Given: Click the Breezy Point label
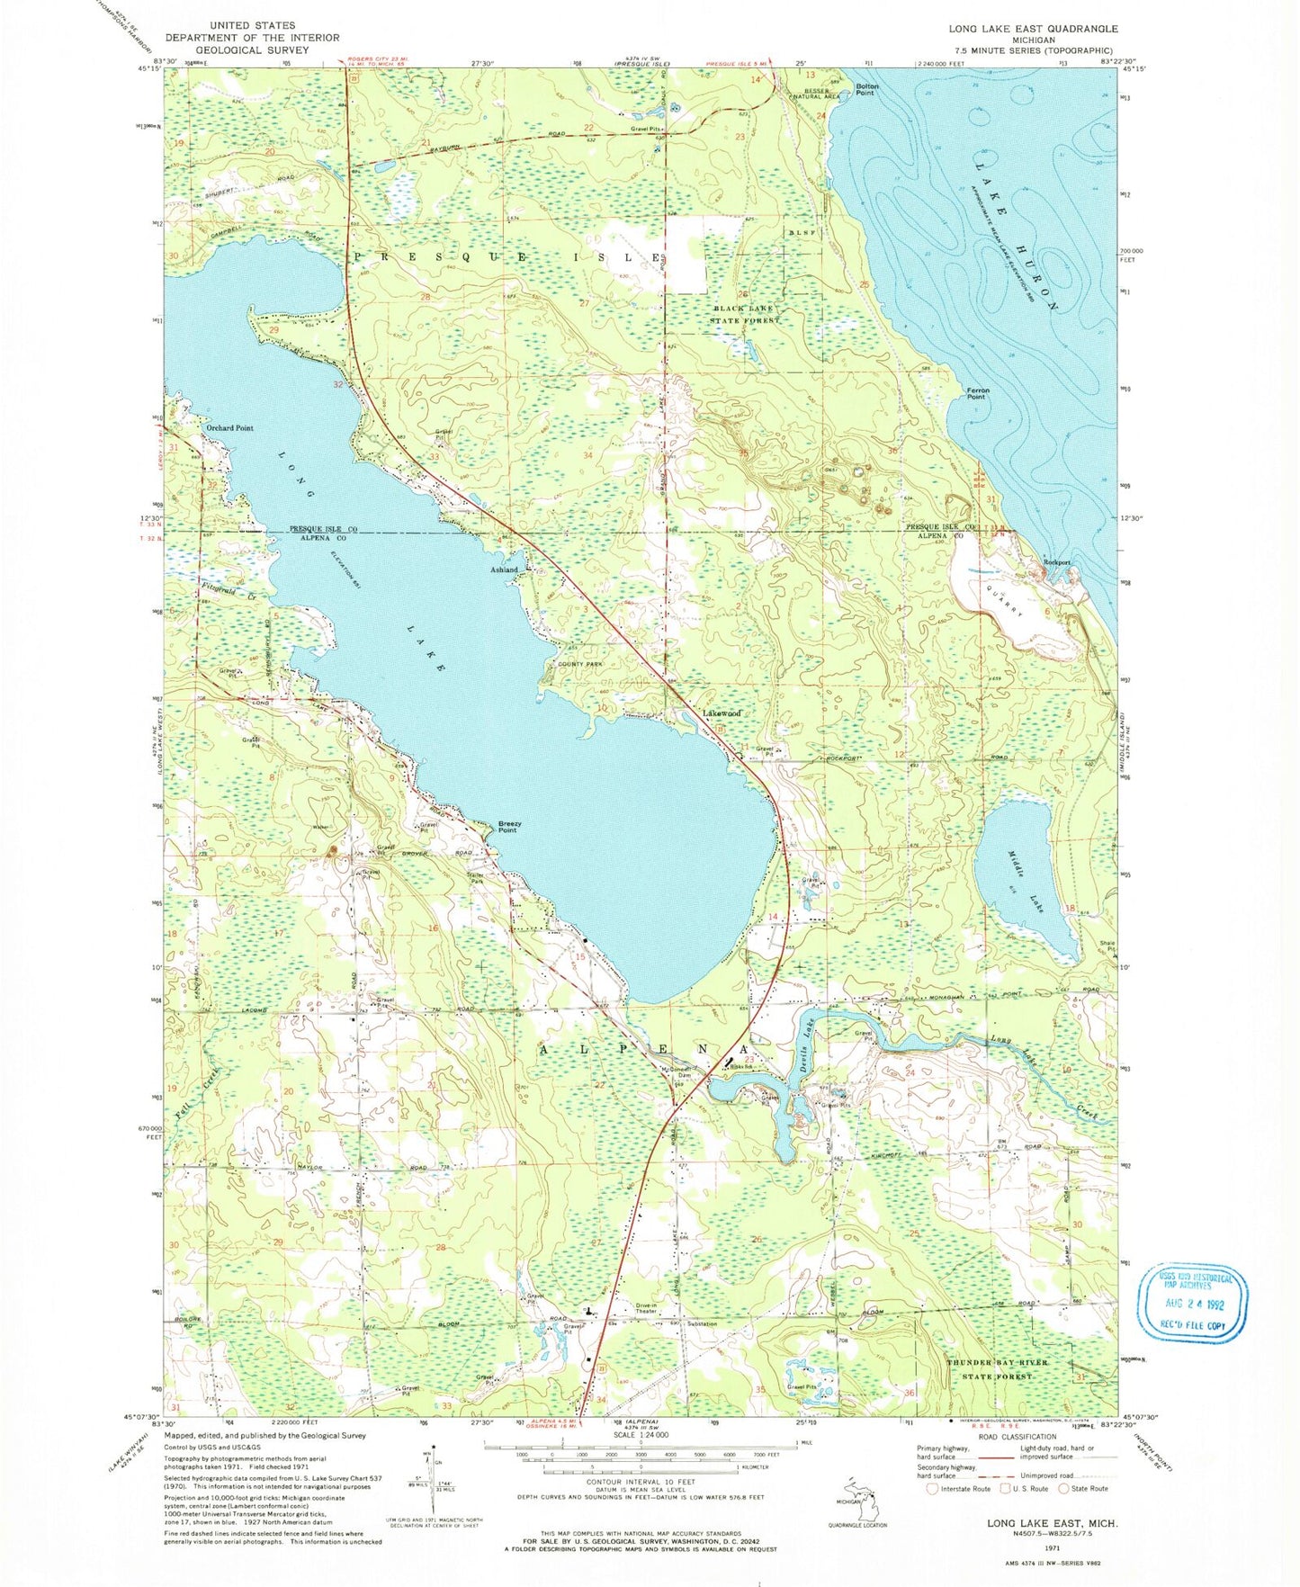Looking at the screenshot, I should (509, 827).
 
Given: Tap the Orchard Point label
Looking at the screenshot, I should (229, 428).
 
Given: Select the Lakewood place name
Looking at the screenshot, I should (722, 713).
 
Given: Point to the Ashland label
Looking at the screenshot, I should (505, 569).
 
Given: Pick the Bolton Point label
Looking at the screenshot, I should (866, 89).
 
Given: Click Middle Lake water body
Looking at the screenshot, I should (1028, 883).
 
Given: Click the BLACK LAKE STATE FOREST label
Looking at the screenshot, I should (741, 314).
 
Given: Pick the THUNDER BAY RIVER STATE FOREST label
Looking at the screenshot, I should (997, 1369).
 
